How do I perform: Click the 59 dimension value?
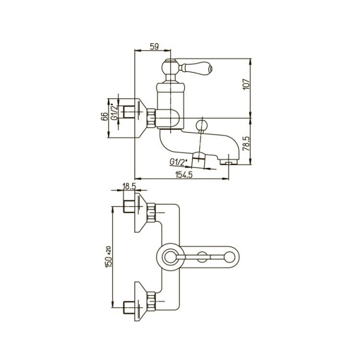click(154, 47)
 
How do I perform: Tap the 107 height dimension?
click(246, 84)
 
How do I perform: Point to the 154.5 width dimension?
click(184, 175)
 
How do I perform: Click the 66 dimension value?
click(104, 116)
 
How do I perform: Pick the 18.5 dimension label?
click(129, 187)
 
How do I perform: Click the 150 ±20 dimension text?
click(109, 257)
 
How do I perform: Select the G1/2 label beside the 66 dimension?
click(114, 113)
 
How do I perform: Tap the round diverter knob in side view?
click(202, 126)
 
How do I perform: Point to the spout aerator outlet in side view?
click(229, 163)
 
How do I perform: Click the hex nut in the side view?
click(151, 118)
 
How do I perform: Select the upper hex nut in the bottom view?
click(151, 212)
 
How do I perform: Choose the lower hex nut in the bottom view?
click(151, 301)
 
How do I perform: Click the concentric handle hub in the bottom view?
click(170, 257)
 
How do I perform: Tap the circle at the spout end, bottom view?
click(229, 257)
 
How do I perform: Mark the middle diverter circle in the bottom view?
click(202, 257)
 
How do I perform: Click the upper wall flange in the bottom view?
click(140, 212)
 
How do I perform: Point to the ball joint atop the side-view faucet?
click(170, 67)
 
